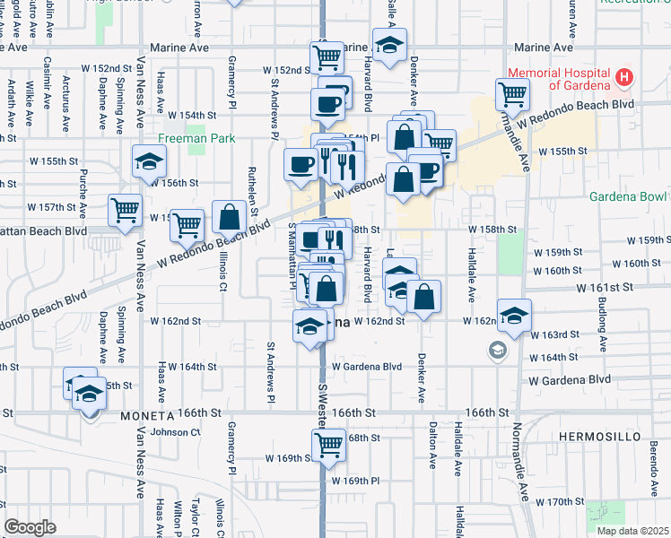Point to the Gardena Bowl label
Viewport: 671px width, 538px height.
click(x=629, y=196)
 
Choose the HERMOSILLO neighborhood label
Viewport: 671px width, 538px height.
click(x=600, y=437)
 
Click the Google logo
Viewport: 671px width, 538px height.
click(x=30, y=527)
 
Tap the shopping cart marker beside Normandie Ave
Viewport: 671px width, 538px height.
click(x=512, y=92)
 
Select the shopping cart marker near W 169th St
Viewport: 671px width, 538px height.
click(x=328, y=442)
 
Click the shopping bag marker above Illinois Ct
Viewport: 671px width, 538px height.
click(x=230, y=216)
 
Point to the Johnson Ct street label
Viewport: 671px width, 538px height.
click(x=175, y=431)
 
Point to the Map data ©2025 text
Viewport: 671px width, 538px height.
click(x=632, y=531)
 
